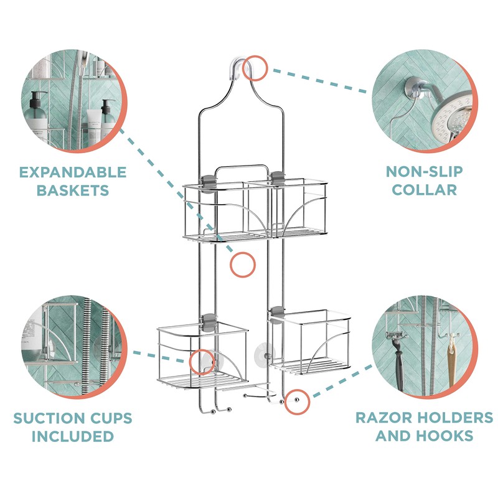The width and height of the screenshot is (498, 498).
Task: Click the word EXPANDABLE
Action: pos(73,172)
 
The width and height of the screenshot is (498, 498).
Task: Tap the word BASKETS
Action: pos(73,190)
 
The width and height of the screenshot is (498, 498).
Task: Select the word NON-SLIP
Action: pos(425,172)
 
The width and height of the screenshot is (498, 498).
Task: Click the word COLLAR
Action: pos(425,190)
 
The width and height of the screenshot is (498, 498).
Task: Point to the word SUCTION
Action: pos(45,418)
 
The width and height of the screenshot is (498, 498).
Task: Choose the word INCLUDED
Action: pos(73,436)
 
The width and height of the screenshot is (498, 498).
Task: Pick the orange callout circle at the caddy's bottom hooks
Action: pos(297,402)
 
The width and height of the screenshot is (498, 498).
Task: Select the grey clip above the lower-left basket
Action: pos(209,322)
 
